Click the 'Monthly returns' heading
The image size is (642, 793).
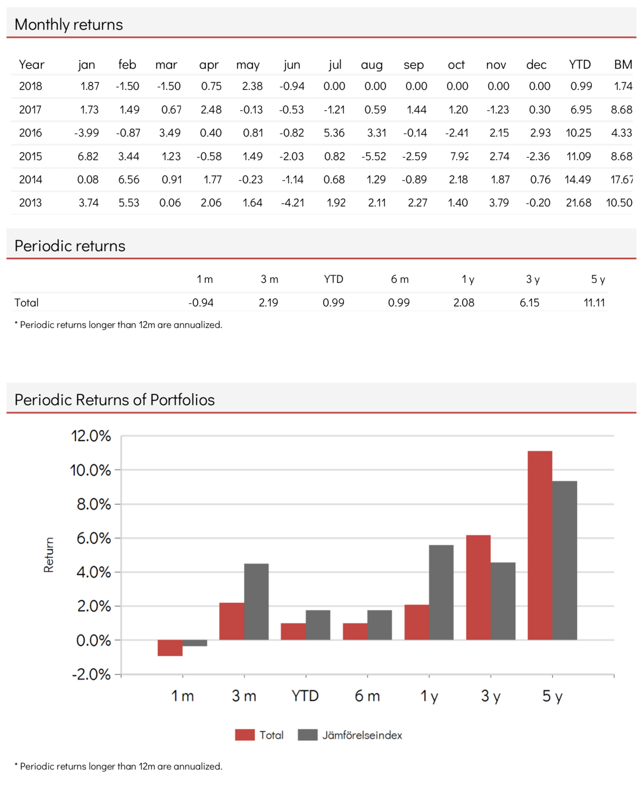[x=69, y=24]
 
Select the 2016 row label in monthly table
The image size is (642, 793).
[x=30, y=133]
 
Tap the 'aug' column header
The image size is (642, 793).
[x=372, y=65]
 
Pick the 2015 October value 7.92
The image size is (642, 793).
[x=459, y=156]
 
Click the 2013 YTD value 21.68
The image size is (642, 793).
[x=579, y=203]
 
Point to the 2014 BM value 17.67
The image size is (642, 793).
[x=621, y=180]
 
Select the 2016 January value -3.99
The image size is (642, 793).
[x=87, y=133]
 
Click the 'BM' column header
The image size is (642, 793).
[x=623, y=65]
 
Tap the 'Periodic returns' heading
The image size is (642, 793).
[x=70, y=246]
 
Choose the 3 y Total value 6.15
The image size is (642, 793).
[x=529, y=303]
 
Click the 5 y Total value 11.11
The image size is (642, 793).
[x=594, y=303]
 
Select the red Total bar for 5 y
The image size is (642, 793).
[x=540, y=546]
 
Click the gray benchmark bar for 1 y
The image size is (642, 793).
[x=441, y=593]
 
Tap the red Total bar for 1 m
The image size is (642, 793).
[x=170, y=648]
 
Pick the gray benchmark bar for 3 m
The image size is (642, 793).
[x=256, y=602]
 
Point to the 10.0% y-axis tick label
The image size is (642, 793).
[x=90, y=470]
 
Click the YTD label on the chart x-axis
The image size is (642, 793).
[x=305, y=696]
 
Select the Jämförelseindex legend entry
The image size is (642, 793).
[x=350, y=735]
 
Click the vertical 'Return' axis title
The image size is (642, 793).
[x=49, y=555]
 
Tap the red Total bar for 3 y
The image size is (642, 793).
[x=478, y=588]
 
